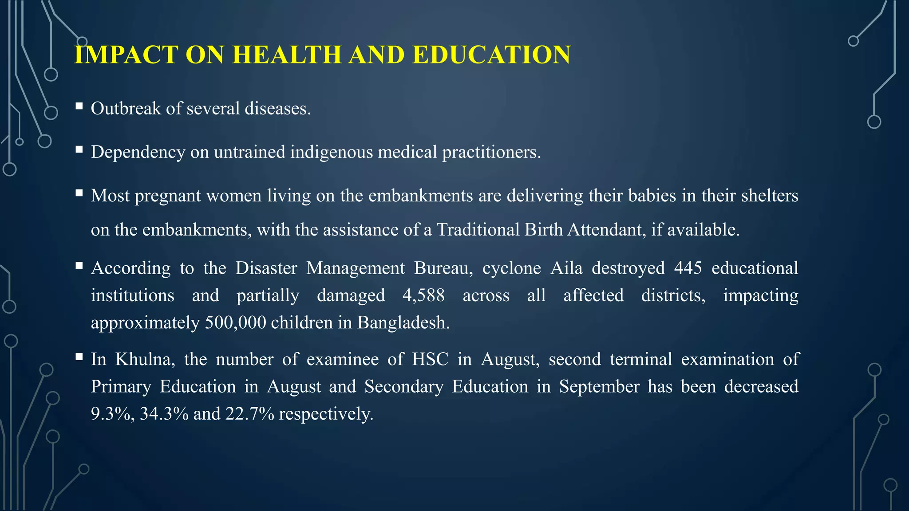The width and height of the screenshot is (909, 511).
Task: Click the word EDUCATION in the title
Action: click(x=491, y=55)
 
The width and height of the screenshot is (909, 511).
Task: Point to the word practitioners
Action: click(x=491, y=152)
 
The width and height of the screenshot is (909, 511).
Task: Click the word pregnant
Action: click(x=168, y=196)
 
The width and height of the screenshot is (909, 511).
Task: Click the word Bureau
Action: click(x=443, y=268)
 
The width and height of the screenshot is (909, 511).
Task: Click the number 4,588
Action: click(x=423, y=295)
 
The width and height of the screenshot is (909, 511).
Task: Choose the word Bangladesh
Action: click(x=403, y=322)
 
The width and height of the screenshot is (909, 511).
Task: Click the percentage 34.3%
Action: click(x=164, y=414)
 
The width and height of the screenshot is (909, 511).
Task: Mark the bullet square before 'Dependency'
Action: click(x=79, y=150)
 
